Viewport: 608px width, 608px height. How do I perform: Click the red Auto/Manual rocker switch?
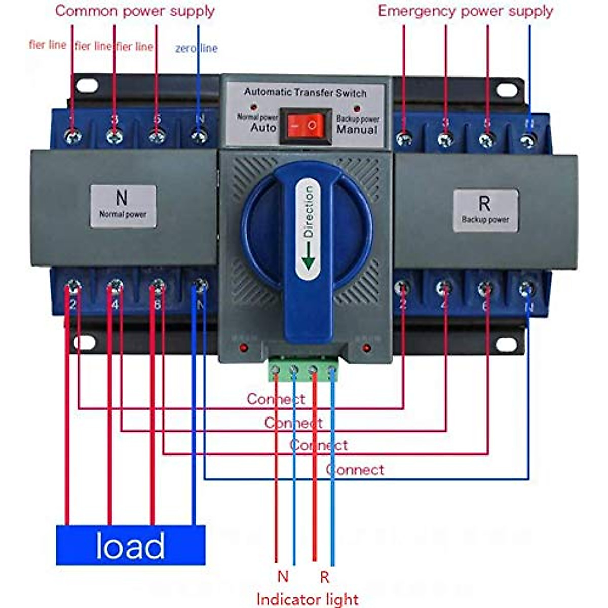tap(306, 125)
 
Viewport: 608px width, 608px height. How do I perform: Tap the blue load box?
tap(130, 545)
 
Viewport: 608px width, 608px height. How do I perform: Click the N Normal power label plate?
tap(123, 206)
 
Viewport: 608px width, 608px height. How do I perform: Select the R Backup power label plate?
tap(485, 210)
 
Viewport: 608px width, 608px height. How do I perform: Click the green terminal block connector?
tap(303, 369)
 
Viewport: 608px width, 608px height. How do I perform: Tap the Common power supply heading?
tap(135, 11)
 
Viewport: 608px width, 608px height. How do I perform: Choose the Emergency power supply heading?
tap(465, 11)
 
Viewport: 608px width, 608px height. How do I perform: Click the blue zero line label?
tap(197, 48)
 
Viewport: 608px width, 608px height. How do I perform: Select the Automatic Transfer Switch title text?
tap(305, 93)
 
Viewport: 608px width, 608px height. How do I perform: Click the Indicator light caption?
tap(308, 599)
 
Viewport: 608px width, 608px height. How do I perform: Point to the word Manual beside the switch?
tap(357, 130)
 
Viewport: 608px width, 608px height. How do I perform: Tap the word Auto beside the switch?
tap(263, 128)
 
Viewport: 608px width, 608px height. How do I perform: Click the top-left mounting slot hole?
tap(87, 86)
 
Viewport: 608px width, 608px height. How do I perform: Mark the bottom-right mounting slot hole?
tap(506, 344)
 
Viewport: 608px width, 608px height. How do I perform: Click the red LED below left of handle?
tap(244, 348)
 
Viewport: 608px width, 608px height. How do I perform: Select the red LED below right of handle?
tap(366, 348)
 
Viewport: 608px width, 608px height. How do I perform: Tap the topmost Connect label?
tap(276, 399)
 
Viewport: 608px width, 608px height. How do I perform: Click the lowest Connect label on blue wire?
tap(355, 470)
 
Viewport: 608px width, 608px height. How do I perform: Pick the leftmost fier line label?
tap(48, 45)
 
